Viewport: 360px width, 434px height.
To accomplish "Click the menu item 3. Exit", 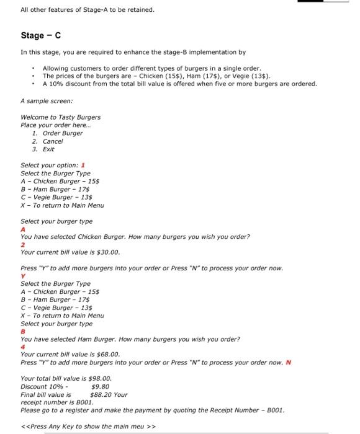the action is pyautogui.click(x=43, y=149).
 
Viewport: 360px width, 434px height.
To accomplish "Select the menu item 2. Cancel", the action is pyautogui.click(x=47, y=141).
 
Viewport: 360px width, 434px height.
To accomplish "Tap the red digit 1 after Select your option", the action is pyautogui.click(x=83, y=165).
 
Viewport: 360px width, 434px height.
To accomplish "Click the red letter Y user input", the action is pyautogui.click(x=23, y=276).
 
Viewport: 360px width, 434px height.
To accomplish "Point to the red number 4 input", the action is pyautogui.click(x=23, y=347).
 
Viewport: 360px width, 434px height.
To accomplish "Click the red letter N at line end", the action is pyautogui.click(x=289, y=363).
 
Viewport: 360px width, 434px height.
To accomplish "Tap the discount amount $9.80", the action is pyautogui.click(x=100, y=386).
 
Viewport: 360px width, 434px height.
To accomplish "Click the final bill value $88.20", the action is pyautogui.click(x=101, y=394).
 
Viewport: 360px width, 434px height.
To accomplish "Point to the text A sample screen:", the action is pyautogui.click(x=47, y=100).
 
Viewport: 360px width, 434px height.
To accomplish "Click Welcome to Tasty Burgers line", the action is pyautogui.click(x=60, y=117).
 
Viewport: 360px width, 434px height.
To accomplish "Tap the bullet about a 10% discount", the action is pyautogui.click(x=179, y=84).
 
